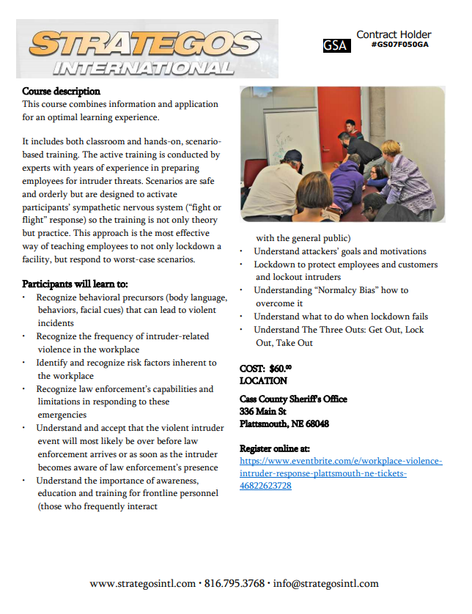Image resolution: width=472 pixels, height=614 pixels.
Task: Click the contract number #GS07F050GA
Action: [399, 45]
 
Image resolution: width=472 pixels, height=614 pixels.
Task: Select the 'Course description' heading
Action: [61, 92]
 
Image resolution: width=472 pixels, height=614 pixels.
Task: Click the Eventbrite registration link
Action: [341, 473]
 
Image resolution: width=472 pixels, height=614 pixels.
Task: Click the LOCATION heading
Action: [263, 381]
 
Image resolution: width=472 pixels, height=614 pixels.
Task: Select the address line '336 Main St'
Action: [262, 412]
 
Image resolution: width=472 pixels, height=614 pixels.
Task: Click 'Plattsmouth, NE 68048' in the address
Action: [284, 424]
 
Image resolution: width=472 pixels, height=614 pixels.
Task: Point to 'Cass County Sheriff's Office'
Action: [293, 399]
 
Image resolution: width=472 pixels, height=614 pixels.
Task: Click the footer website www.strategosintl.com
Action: [142, 584]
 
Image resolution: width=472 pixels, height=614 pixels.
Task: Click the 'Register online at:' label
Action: [275, 448]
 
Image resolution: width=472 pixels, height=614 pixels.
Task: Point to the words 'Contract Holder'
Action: [394, 34]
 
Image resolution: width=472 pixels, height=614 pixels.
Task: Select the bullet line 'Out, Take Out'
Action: [284, 343]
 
